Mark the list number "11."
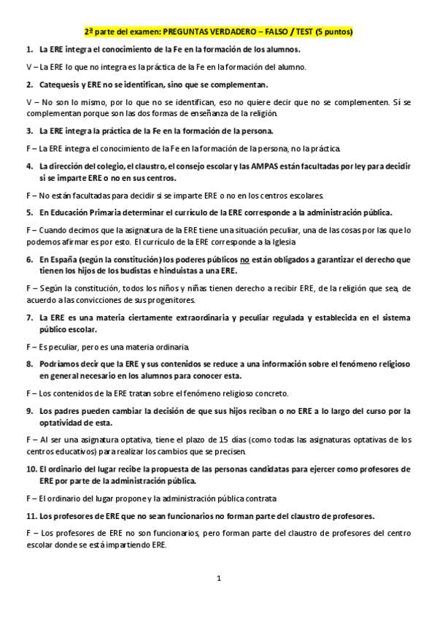31,515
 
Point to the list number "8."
29,364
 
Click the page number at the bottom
218,579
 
